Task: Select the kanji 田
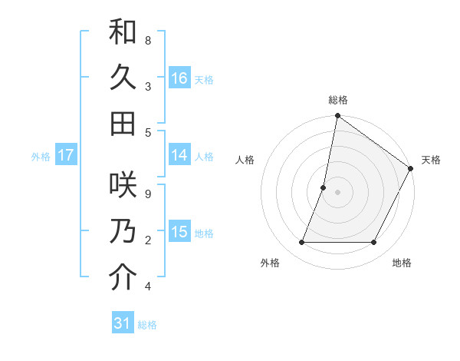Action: [123, 123]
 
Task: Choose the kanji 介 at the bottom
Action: [123, 277]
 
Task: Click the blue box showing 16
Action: [179, 78]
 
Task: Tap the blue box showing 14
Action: [179, 155]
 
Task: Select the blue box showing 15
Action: [179, 232]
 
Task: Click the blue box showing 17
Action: [66, 155]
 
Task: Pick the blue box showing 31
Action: [123, 323]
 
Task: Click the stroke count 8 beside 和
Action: [148, 40]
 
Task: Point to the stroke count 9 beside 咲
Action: [148, 194]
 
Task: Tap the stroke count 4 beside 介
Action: [148, 286]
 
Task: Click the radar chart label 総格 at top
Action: [338, 100]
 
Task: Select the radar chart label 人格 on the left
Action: [245, 160]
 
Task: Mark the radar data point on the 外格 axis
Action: [301, 243]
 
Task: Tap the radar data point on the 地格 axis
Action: [374, 243]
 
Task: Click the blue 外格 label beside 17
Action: [41, 156]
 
